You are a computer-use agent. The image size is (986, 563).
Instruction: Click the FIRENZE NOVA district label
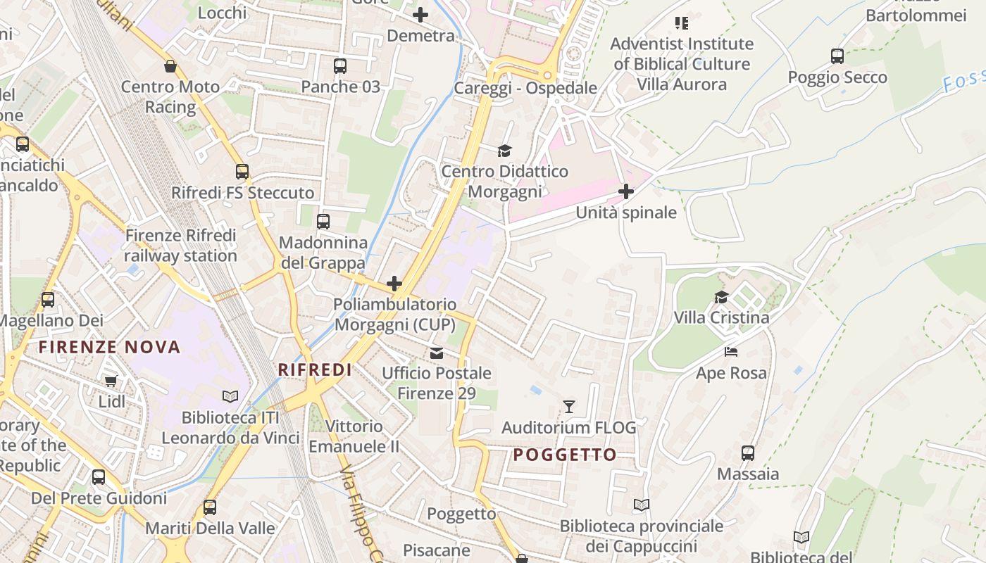(109, 346)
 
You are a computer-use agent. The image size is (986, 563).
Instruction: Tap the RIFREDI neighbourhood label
(314, 369)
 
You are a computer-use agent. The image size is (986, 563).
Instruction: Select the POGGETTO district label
(565, 455)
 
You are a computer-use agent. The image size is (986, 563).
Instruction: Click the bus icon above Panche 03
(340, 66)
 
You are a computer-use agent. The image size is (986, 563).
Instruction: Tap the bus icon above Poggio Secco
(837, 56)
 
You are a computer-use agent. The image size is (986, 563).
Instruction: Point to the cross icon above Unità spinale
(625, 191)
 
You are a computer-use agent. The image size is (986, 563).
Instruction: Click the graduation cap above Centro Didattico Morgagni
(504, 151)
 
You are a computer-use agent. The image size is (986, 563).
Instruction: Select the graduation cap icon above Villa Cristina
(721, 297)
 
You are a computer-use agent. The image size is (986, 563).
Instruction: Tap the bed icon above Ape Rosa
(731, 351)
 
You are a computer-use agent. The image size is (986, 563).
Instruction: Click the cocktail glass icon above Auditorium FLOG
(569, 407)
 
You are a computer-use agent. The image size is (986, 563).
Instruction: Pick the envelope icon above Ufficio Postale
(437, 353)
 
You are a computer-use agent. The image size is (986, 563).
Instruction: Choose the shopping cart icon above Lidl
(111, 381)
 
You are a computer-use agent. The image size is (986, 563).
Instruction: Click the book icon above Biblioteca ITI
(230, 396)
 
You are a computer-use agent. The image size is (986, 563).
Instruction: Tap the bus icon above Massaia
(748, 453)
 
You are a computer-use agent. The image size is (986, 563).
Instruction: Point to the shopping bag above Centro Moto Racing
(170, 67)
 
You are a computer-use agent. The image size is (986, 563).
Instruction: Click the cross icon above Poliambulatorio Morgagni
(394, 284)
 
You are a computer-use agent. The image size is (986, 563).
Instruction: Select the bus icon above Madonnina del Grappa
(323, 222)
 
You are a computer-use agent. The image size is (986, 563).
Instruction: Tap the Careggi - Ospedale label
(525, 89)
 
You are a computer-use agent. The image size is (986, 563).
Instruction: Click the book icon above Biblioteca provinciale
(641, 505)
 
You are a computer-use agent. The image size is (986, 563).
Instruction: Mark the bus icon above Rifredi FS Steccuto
(242, 172)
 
